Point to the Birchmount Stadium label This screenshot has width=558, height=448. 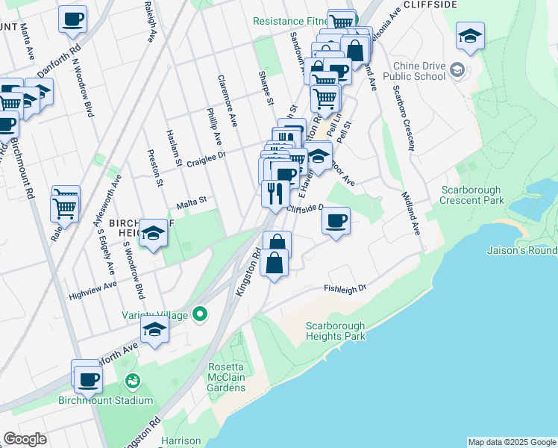(105, 400)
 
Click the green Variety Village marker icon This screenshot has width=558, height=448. (199, 314)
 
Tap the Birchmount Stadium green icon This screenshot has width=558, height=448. (133, 382)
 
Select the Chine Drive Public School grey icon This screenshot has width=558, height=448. (457, 71)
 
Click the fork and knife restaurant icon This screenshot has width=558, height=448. (275, 194)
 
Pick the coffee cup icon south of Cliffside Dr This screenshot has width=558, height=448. (336, 221)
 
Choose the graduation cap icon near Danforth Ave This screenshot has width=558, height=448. (154, 329)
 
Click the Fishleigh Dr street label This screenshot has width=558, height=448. (346, 288)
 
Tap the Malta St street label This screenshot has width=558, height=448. (190, 203)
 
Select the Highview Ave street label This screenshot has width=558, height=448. (93, 286)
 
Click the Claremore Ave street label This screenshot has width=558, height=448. (228, 99)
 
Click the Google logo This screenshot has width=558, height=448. (25, 439)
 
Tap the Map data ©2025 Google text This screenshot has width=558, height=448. (511, 442)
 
